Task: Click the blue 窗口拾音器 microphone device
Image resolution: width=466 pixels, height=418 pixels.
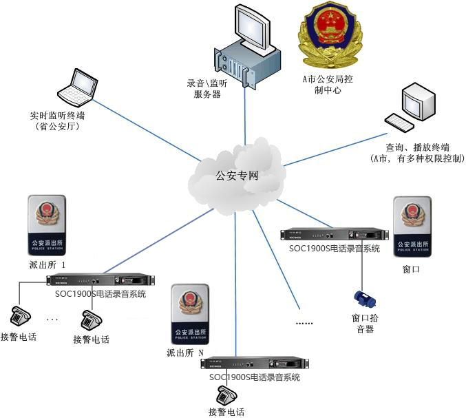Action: tap(363, 298)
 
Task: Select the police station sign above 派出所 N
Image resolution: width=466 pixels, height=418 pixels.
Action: tap(189, 315)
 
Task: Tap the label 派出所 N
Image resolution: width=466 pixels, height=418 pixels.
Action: tap(185, 353)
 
